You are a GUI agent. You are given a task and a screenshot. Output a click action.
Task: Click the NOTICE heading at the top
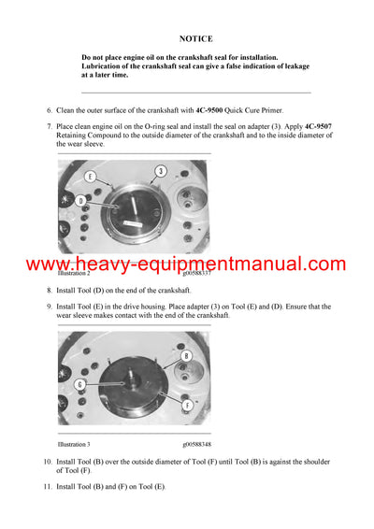click(x=197, y=39)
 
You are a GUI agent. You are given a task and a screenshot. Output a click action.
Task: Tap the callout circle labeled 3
click(x=161, y=171)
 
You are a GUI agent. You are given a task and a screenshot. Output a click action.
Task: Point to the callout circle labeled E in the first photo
click(x=90, y=177)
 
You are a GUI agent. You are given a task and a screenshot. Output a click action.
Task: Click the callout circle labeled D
click(x=81, y=201)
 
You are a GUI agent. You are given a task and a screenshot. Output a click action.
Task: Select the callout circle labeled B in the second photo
click(x=186, y=356)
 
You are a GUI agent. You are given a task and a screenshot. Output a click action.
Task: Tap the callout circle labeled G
click(x=80, y=384)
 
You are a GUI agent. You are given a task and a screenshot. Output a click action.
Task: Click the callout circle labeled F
click(x=188, y=406)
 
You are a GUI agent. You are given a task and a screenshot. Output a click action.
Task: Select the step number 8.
click(x=49, y=292)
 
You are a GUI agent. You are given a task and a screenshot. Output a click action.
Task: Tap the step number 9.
click(x=49, y=306)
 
